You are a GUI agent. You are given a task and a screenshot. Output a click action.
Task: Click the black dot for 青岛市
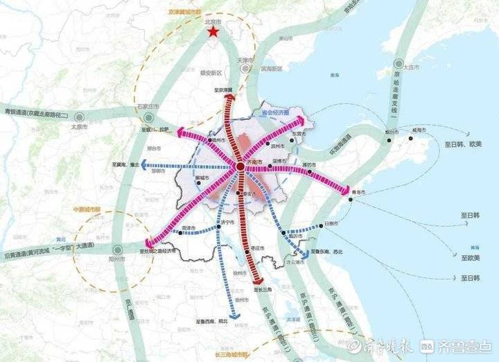351,200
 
